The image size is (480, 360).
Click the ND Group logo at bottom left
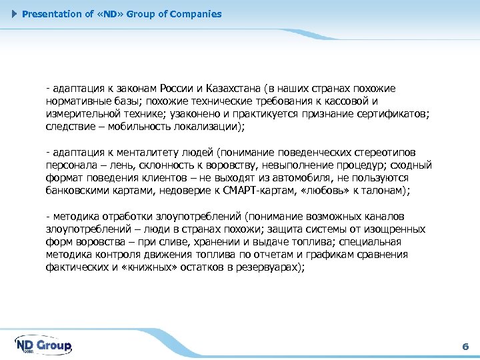coord(43,345)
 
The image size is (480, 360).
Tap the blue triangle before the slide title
coord(16,14)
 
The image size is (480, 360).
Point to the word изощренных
coord(393,229)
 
